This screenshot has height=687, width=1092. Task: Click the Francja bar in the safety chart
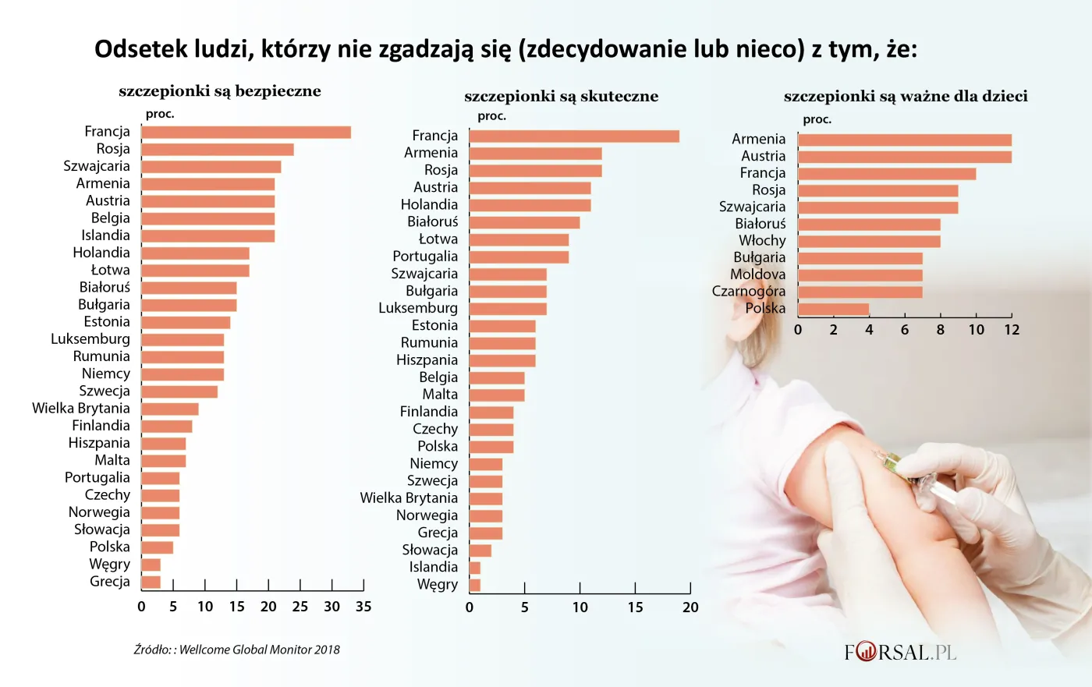pyautogui.click(x=246, y=133)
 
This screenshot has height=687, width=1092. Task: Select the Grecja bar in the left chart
pyautogui.click(x=151, y=582)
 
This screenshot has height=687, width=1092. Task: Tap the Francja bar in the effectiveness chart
pyautogui.click(x=574, y=136)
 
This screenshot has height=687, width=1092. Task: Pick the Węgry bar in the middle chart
pyautogui.click(x=475, y=585)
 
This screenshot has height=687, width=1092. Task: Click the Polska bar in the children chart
pyautogui.click(x=833, y=310)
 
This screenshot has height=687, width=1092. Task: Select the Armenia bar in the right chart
pyautogui.click(x=905, y=140)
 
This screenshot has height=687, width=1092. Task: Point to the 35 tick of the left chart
pyautogui.click(x=363, y=607)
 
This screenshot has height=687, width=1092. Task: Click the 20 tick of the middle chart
pyautogui.click(x=690, y=607)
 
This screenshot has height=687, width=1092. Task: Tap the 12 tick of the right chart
pyautogui.click(x=1012, y=330)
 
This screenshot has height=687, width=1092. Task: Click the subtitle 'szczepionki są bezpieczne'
pyautogui.click(x=220, y=91)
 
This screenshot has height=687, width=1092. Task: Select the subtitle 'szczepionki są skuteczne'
pyautogui.click(x=561, y=97)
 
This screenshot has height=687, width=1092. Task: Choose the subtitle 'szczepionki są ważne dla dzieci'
pyautogui.click(x=906, y=97)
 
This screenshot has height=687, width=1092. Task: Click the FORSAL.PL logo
pyautogui.click(x=900, y=652)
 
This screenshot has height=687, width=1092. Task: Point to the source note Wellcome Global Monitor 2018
pyautogui.click(x=237, y=650)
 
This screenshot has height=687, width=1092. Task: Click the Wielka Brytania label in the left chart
pyautogui.click(x=81, y=409)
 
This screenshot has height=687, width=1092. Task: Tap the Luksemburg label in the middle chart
pyautogui.click(x=418, y=308)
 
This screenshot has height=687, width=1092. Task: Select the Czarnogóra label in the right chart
pyautogui.click(x=749, y=292)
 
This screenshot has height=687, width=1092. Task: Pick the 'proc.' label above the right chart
pyautogui.click(x=817, y=119)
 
